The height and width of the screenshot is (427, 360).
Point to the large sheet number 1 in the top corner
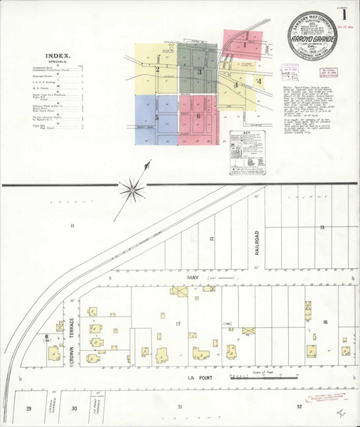(345, 12)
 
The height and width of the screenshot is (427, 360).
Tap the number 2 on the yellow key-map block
(157, 69)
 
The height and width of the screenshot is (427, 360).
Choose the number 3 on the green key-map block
(199, 72)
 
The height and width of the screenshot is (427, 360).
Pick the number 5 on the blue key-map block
(156, 116)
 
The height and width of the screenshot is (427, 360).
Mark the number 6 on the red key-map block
(198, 116)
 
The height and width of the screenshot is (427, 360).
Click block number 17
(179, 324)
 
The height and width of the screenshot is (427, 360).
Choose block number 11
(71, 226)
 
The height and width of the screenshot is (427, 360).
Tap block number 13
(322, 226)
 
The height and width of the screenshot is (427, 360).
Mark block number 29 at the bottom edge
(28, 408)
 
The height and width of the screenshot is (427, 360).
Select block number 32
(298, 406)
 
